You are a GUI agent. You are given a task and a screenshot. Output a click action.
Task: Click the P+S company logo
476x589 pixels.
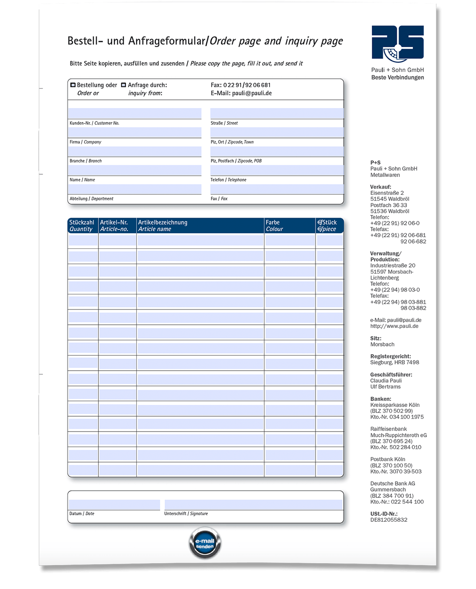398,42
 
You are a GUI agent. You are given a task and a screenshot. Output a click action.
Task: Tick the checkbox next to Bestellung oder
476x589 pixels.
73,85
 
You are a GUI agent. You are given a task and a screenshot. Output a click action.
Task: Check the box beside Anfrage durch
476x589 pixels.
124,85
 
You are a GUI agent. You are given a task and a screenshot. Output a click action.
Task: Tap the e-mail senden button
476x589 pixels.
205,543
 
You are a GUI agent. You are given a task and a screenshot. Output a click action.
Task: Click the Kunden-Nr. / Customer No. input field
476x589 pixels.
134,113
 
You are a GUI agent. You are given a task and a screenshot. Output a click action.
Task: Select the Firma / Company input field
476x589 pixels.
134,132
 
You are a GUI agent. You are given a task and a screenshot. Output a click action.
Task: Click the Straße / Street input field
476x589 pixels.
277,113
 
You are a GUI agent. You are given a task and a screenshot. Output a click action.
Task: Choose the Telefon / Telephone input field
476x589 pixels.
277,170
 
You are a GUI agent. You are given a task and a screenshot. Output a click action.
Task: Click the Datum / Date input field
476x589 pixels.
114,505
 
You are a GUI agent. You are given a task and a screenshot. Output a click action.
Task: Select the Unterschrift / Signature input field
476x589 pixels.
253,505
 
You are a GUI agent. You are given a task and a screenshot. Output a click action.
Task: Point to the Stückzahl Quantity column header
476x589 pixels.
82,225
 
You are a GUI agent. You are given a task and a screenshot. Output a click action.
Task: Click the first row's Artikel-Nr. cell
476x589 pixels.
117,240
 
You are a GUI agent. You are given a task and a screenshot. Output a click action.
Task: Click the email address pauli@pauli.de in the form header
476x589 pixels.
252,93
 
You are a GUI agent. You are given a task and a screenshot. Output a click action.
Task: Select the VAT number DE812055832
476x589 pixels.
389,520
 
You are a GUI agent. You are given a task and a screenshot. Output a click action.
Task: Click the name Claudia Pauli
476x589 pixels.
386,381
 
